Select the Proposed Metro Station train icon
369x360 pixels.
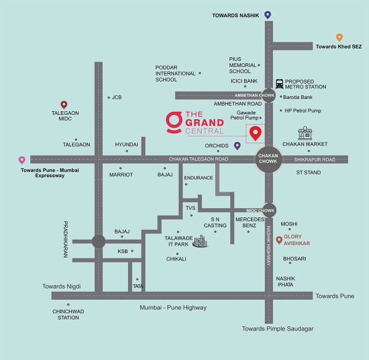tap(279, 84)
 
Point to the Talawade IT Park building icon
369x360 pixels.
tap(200, 241)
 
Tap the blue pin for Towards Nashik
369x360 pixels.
tap(268, 15)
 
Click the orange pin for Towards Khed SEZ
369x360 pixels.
tap(339, 37)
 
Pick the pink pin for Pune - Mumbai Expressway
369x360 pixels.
tap(22, 160)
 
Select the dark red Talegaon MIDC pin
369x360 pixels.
tap(63, 105)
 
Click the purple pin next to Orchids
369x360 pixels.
tap(237, 146)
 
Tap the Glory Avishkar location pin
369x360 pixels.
tap(279, 240)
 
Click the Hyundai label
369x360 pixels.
tap(127, 144)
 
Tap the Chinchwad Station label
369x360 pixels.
tap(68, 315)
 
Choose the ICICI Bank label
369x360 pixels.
tap(244, 80)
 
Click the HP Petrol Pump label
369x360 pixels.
tap(303, 111)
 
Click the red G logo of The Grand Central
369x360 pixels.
tap(173, 122)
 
